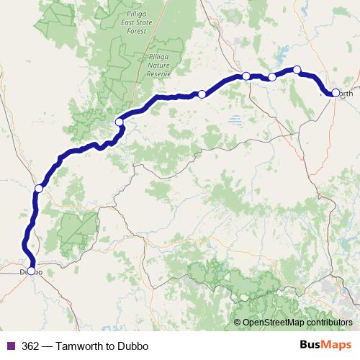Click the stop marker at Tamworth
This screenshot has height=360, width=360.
coord(336,92)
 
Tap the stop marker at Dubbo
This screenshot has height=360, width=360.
coord(30,271)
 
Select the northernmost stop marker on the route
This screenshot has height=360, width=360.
coord(297,70)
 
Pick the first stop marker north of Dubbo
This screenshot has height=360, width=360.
coord(39,189)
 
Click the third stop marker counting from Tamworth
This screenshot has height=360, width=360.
coord(272,77)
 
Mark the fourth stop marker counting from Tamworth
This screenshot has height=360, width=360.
coord(246,76)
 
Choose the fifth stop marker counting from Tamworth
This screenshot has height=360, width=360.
coord(202,94)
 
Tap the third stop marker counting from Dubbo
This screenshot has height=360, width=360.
coord(119,122)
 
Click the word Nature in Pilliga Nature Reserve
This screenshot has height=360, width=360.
coord(159,65)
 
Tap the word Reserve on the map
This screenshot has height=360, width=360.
coord(160,73)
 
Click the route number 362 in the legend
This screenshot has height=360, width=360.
coord(30,346)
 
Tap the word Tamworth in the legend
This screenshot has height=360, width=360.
coord(87,346)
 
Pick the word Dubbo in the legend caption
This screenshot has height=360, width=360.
coord(135,346)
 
